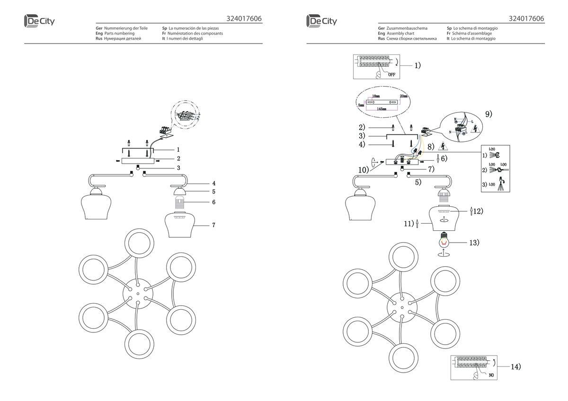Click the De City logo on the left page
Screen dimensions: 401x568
click(x=39, y=21)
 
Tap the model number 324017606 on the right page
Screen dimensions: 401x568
click(x=526, y=19)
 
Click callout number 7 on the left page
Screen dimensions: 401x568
click(x=213, y=225)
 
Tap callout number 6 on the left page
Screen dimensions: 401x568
click(x=213, y=202)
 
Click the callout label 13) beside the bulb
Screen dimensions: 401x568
click(x=474, y=243)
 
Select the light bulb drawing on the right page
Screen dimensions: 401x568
click(x=444, y=241)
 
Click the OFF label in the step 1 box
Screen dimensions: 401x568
click(x=391, y=74)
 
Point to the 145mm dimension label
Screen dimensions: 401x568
click(x=382, y=108)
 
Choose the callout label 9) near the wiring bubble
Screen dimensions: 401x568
click(x=488, y=114)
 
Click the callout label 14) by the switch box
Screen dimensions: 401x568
click(x=516, y=366)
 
